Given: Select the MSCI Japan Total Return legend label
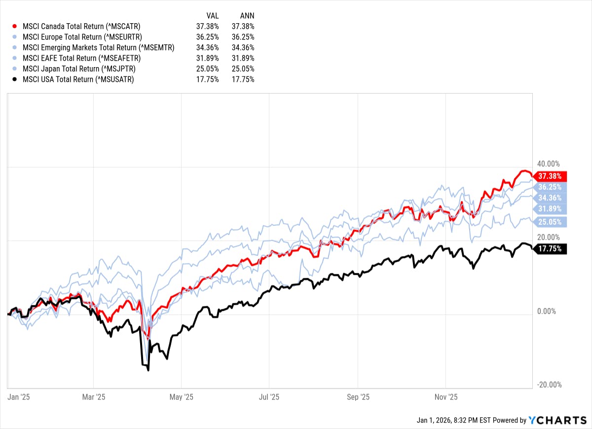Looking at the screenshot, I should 79,69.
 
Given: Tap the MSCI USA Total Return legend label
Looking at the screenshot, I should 77,79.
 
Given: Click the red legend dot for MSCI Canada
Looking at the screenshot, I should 15,26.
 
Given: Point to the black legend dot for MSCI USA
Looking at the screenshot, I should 15,79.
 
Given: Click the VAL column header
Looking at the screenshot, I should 212,16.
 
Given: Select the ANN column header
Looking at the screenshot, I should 247,16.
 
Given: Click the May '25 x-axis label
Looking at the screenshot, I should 182,397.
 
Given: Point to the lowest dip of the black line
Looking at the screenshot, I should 148,370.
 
